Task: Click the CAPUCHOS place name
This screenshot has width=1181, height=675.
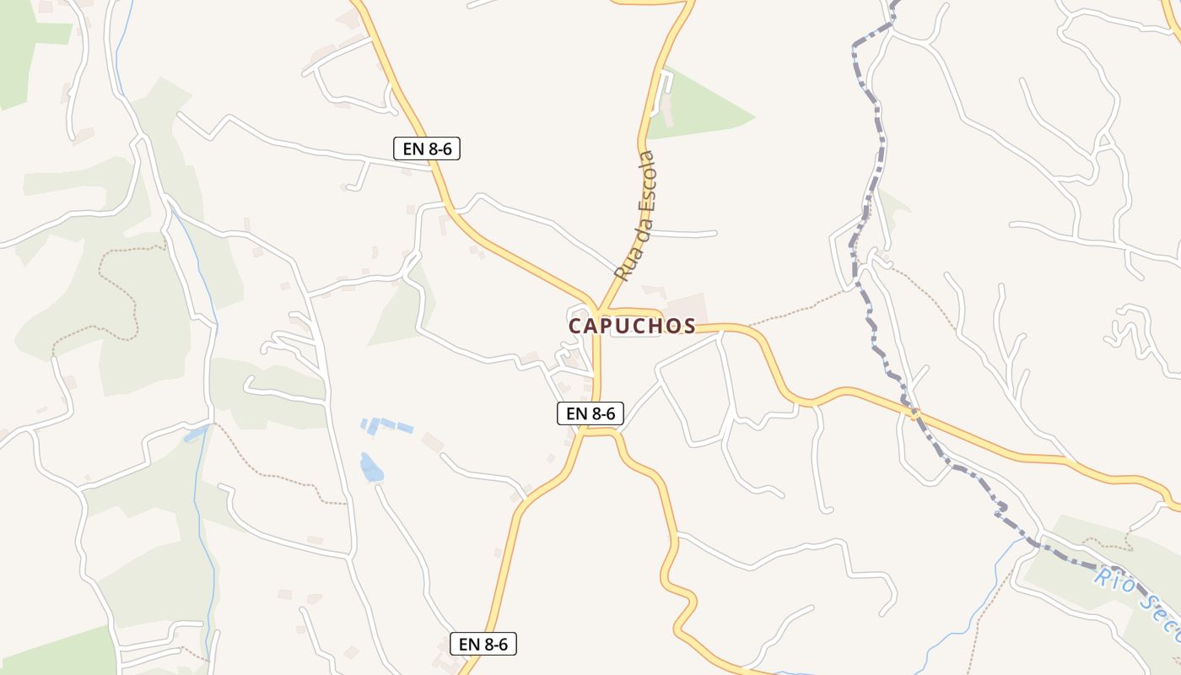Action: coord(632,326)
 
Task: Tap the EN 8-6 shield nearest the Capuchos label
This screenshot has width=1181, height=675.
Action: coord(590,413)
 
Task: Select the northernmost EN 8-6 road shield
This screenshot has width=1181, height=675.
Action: coord(427,148)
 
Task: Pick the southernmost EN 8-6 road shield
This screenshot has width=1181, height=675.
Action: coord(483,644)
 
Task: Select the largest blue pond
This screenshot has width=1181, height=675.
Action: coord(370,467)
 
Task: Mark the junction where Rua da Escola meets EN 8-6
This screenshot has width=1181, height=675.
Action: coord(599,310)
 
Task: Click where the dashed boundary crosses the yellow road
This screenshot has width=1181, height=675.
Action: coord(914,413)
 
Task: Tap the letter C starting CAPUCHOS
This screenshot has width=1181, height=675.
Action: coord(575,326)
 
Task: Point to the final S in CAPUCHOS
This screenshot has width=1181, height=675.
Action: coord(689,326)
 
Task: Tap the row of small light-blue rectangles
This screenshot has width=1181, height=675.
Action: coord(387,424)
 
